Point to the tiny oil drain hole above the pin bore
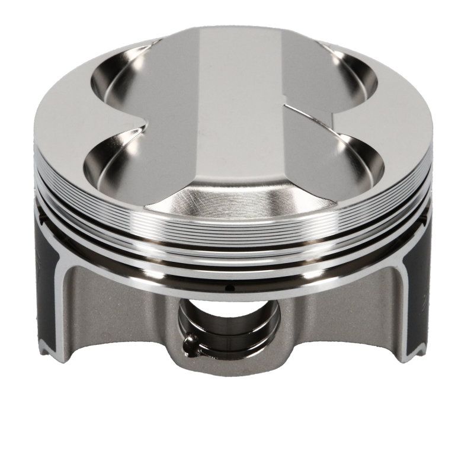[233, 289]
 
